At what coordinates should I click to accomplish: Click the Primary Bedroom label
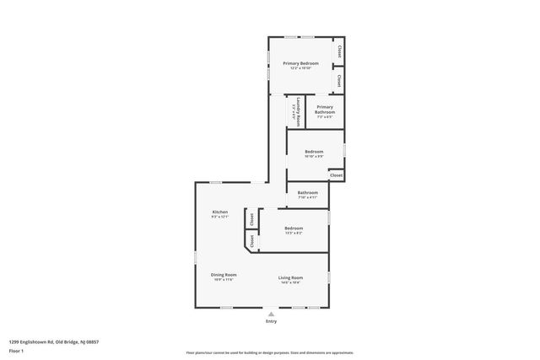tap(300, 64)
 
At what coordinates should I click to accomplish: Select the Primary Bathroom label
tap(325, 110)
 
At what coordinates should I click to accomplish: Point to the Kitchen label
tap(219, 212)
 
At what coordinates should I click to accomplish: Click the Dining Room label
tap(224, 274)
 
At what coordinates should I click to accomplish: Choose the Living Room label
tap(291, 277)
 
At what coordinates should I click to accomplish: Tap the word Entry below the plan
tap(271, 321)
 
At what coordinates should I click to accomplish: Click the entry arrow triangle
tap(271, 314)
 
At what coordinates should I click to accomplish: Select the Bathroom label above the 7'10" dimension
tap(307, 192)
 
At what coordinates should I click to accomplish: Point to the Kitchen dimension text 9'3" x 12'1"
tap(219, 217)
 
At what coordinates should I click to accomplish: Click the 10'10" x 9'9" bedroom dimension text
tap(314, 157)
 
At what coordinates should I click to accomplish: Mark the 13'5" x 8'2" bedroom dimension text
tap(294, 233)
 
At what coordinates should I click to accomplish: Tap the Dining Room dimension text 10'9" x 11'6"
tap(224, 279)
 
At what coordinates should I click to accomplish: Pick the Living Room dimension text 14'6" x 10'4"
tap(291, 282)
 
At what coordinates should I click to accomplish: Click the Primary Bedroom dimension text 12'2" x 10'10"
tap(300, 68)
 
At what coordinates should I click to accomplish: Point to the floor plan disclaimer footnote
tap(270, 352)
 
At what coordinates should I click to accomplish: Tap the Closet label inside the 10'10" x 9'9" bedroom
tap(336, 175)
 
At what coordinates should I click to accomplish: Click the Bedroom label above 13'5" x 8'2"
tap(294, 228)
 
